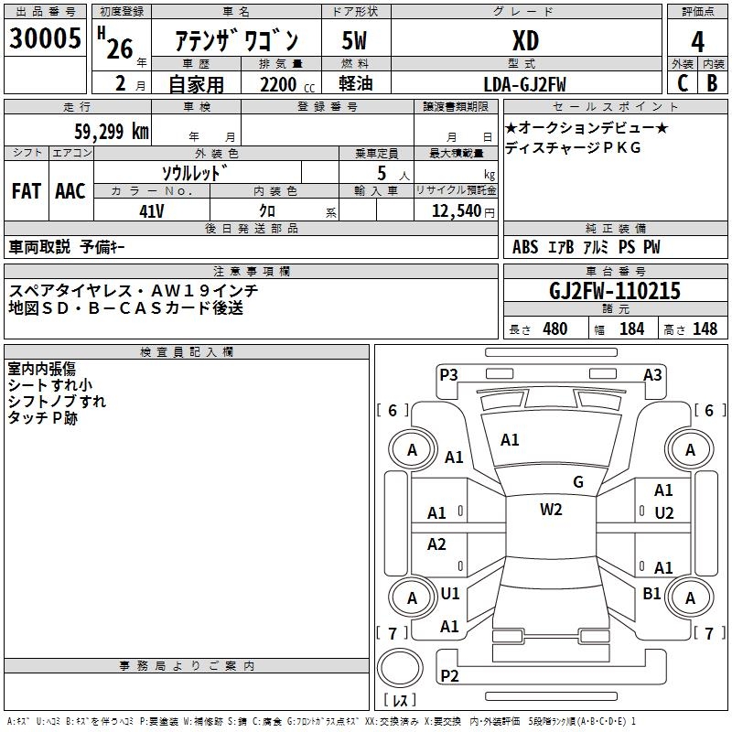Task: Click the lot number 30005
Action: point(45,38)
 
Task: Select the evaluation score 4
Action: point(697,41)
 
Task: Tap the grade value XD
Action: point(525,41)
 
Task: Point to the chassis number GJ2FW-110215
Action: point(614,292)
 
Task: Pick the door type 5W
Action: point(355,41)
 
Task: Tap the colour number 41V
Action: point(151,210)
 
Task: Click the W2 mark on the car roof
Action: point(551,510)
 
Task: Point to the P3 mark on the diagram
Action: point(448,373)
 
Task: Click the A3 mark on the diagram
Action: point(652,373)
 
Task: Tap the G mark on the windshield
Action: point(578,482)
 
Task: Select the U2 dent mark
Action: point(663,512)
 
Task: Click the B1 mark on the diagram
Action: point(651,594)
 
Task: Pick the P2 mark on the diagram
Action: point(449,675)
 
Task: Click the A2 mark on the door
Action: point(437,544)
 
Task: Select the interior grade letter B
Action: point(712,83)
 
